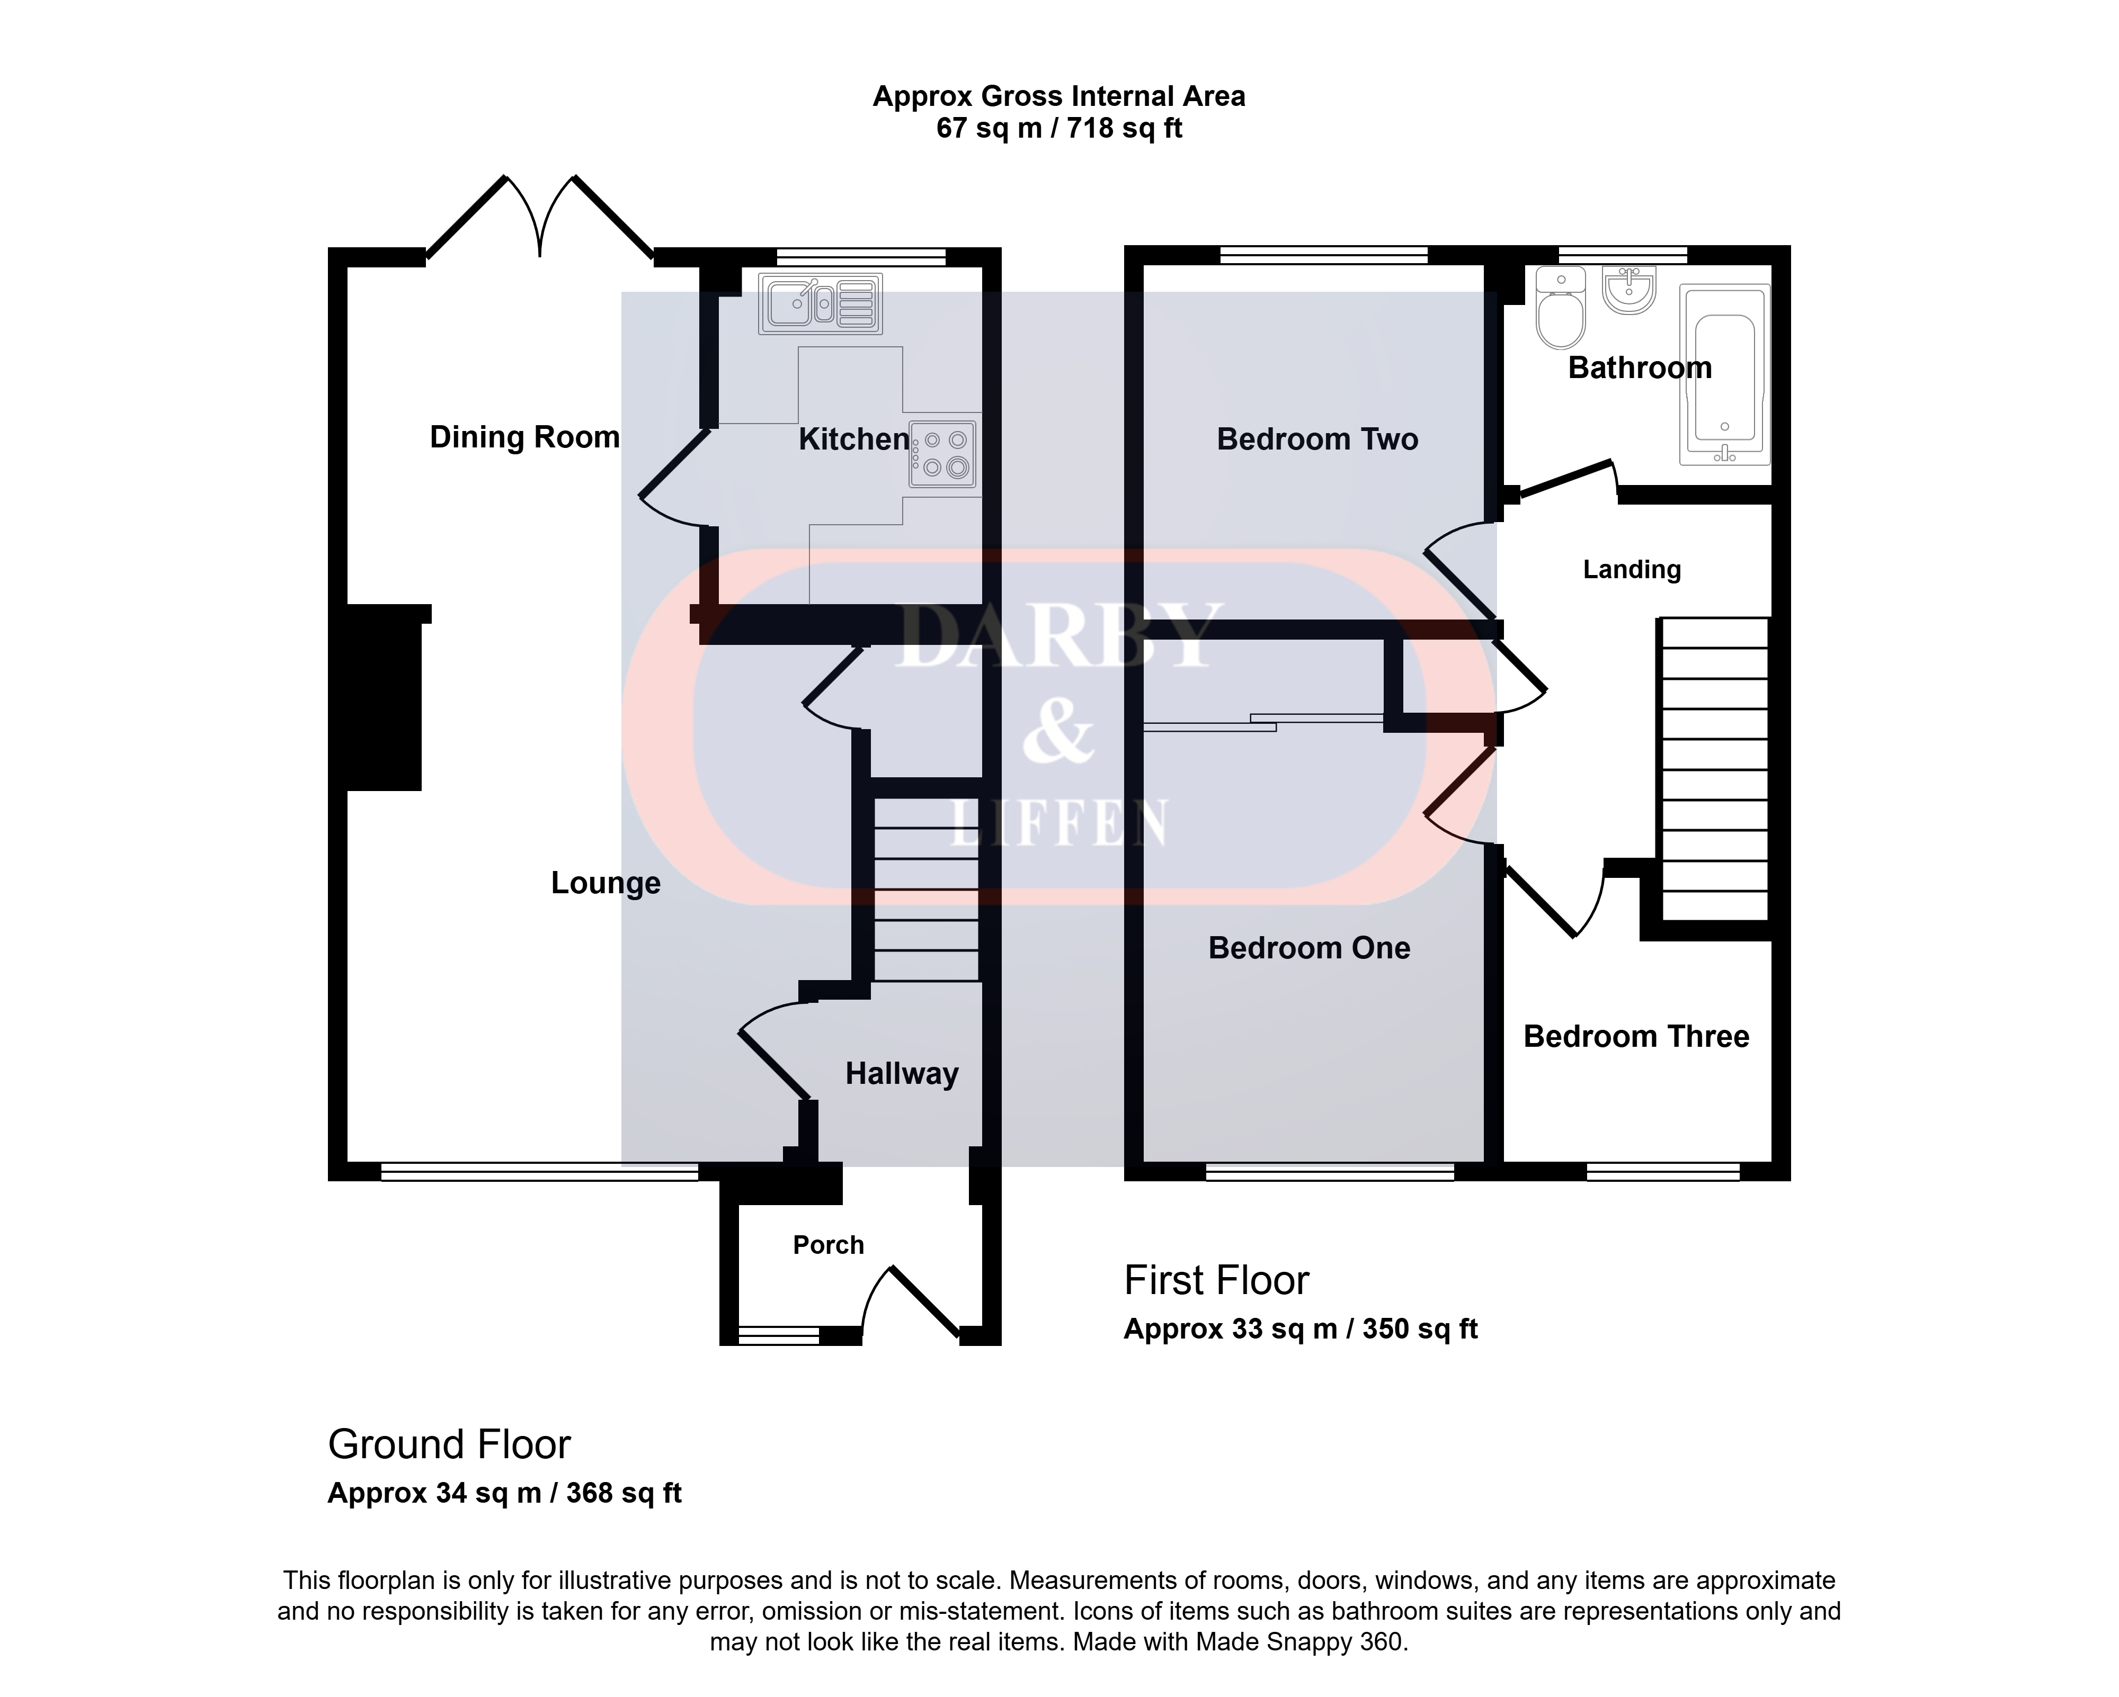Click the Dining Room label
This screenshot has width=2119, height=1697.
[525, 437]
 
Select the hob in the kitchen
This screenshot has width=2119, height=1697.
[942, 454]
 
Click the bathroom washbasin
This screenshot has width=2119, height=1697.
[1628, 289]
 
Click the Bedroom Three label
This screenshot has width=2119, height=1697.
[1636, 1037]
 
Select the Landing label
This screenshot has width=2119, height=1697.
[1632, 570]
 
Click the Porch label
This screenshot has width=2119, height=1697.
[829, 1245]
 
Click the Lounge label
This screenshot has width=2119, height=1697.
[606, 883]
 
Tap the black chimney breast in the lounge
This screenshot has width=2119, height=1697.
[384, 698]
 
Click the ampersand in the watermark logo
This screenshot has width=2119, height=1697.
[1058, 728]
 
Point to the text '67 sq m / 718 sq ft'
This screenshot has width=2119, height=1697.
[1059, 129]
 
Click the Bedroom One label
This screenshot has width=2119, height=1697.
[1309, 948]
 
